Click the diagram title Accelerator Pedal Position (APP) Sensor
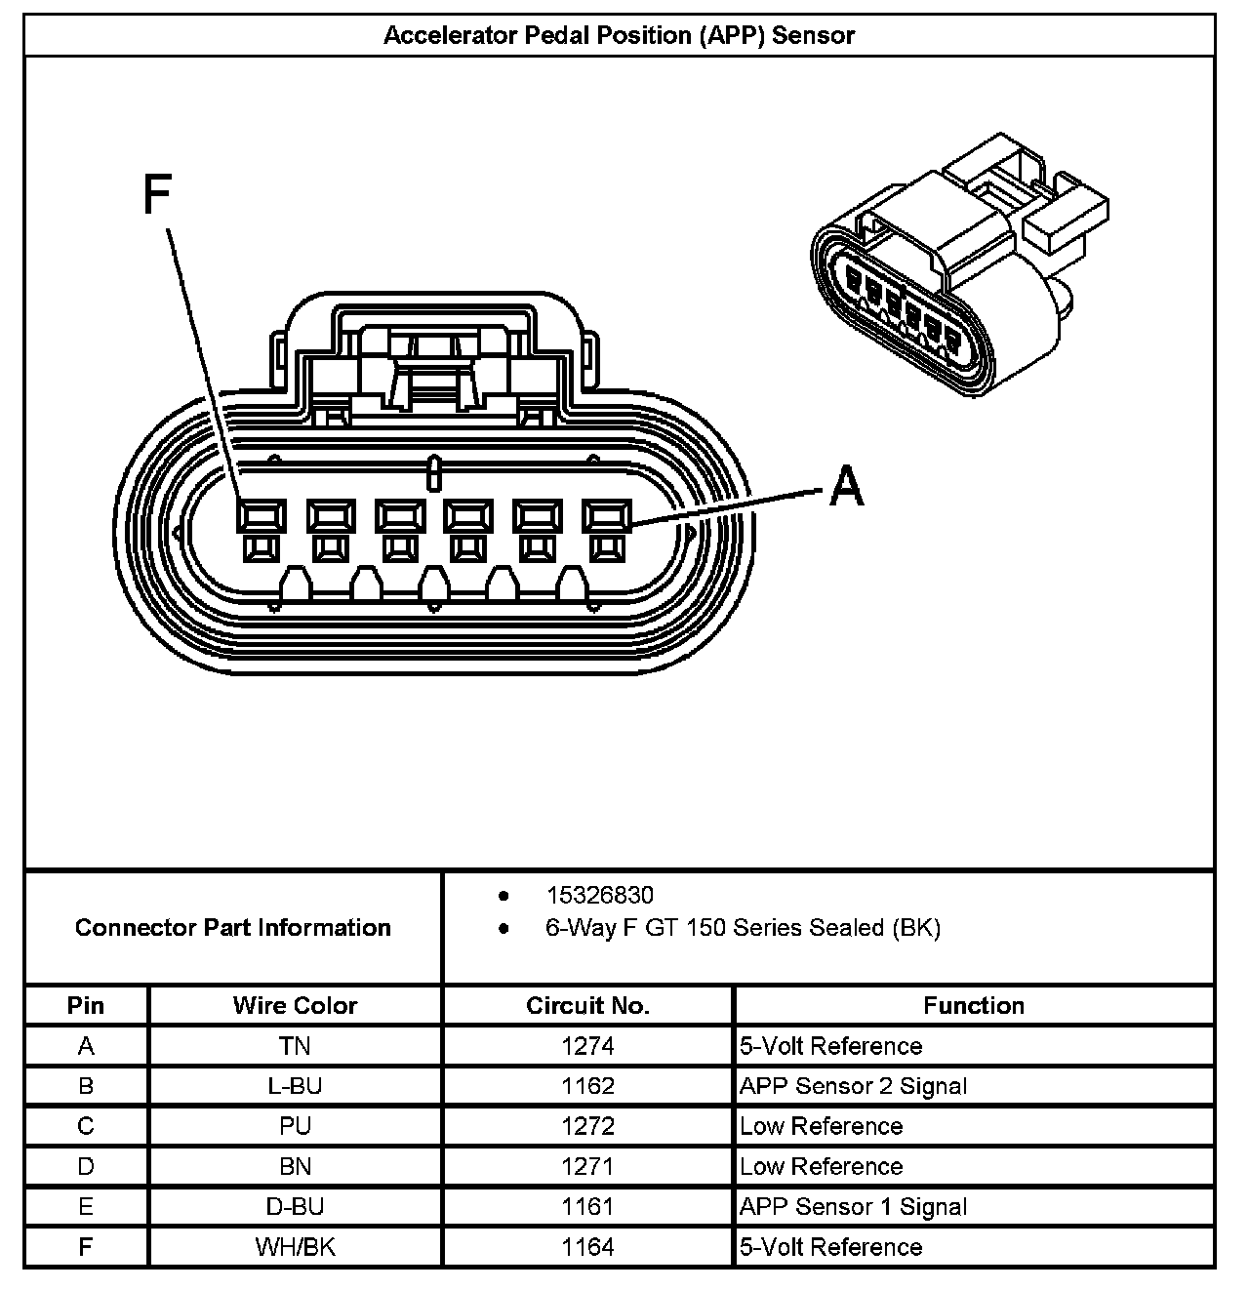pos(619,36)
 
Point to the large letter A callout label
pos(846,486)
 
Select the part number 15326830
pos(599,895)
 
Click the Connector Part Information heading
pos(233,927)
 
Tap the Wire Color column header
pos(295,1006)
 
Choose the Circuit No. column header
pos(587,1006)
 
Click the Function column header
pos(973,1006)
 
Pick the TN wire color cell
pos(295,1046)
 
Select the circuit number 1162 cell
pos(587,1086)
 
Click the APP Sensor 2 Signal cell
pos(853,1086)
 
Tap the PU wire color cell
pos(295,1126)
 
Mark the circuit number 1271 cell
pos(587,1166)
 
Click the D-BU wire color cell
pos(295,1206)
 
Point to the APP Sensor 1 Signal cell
pos(853,1206)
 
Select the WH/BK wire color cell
pos(295,1247)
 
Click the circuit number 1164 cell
pos(587,1247)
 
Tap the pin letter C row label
pos(86,1126)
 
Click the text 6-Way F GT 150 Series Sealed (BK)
pos(742,928)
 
